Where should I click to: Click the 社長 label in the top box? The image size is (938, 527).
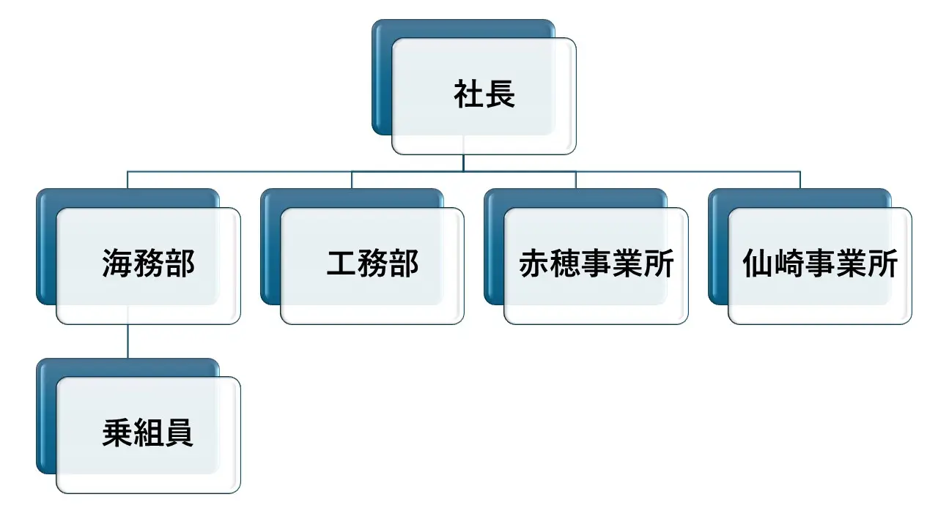click(484, 94)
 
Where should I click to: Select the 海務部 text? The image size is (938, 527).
click(149, 263)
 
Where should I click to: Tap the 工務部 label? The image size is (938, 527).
click(373, 263)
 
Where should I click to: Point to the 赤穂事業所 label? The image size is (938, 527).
click(597, 263)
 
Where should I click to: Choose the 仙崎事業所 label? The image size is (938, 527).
click(820, 263)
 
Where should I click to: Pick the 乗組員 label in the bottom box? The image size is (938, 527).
click(148, 433)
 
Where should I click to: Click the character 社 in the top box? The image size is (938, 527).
click(469, 94)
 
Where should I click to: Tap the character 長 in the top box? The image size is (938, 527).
click(501, 94)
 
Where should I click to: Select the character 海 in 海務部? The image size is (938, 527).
click(118, 263)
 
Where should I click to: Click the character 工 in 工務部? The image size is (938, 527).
click(341, 263)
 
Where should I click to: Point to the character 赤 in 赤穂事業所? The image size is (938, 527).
click(534, 263)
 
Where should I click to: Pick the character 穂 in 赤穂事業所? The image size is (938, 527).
click(565, 263)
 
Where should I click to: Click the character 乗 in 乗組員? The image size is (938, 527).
click(118, 433)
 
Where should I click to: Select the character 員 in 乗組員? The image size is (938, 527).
click(179, 433)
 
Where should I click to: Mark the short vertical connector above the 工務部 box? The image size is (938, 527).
click(352, 180)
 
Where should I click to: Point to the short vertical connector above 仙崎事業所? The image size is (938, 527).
click(800, 180)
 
